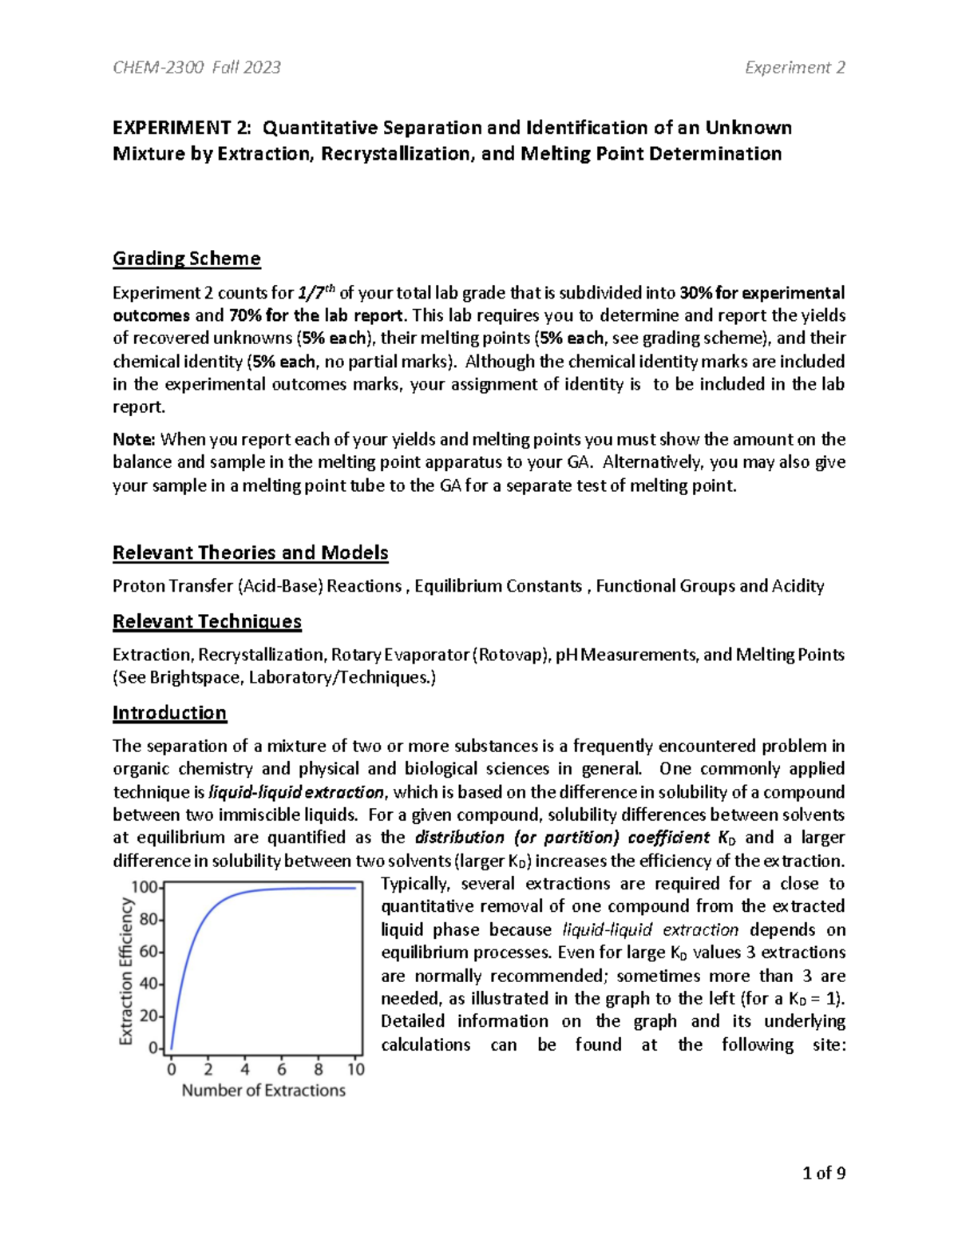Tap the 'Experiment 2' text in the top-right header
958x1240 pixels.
(x=794, y=68)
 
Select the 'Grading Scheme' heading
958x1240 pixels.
(x=186, y=259)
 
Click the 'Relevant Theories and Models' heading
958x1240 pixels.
(x=250, y=553)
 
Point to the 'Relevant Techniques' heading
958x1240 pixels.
(x=207, y=621)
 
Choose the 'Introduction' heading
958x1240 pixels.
(x=169, y=713)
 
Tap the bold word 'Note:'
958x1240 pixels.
(x=134, y=439)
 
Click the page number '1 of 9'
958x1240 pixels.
(x=824, y=1173)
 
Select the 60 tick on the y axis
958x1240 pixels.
(x=148, y=952)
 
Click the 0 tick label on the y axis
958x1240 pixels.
(x=153, y=1048)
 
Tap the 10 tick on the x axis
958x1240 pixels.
(x=355, y=1069)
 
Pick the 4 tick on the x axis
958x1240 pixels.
(x=245, y=1069)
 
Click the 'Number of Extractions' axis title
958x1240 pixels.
(x=263, y=1091)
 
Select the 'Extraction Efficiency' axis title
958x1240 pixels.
(x=126, y=970)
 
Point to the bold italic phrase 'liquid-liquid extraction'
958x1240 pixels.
(x=296, y=792)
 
